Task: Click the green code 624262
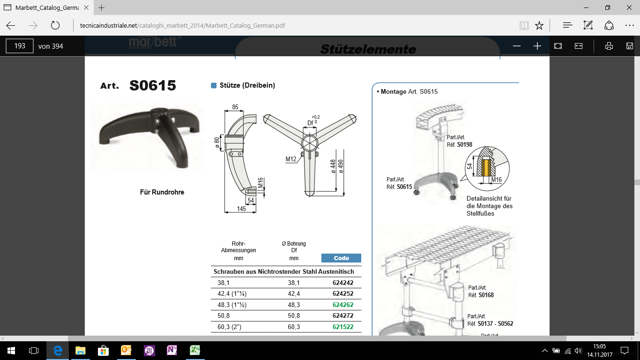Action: pos(343,305)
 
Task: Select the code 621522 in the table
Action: pos(343,327)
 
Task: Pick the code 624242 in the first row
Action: pos(343,283)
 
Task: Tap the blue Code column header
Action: pos(341,258)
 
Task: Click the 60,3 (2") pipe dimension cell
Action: pos(230,327)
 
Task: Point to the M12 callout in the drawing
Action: pos(291,159)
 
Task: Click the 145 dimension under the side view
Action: pos(241,209)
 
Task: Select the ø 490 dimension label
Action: pos(341,166)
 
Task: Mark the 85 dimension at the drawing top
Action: pos(235,107)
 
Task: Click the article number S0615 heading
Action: pos(153,85)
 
